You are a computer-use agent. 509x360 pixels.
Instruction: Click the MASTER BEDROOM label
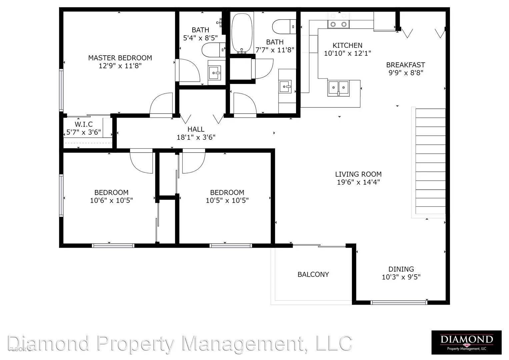[120, 58]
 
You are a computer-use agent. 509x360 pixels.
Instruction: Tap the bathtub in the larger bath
[242, 33]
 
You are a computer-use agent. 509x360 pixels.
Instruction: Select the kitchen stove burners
[338, 24]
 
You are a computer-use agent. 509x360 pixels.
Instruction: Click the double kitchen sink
[338, 88]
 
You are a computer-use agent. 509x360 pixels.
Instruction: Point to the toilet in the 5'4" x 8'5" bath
[213, 50]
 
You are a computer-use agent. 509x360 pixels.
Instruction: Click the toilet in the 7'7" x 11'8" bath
[284, 27]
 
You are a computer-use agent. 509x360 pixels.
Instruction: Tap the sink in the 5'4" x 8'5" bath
[215, 73]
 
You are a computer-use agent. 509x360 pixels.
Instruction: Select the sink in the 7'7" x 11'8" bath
[285, 87]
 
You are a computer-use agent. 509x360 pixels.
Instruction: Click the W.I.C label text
[84, 124]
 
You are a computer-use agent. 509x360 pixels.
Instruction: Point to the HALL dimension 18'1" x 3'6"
[196, 137]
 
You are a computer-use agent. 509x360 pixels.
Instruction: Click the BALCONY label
[313, 275]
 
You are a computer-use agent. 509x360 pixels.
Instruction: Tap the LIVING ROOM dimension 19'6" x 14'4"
[358, 182]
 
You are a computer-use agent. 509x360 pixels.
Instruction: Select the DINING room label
[401, 269]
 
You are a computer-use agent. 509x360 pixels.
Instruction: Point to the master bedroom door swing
[161, 105]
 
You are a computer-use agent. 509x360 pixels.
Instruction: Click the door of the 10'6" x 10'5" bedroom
[141, 161]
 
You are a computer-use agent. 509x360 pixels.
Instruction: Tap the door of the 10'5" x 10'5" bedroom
[194, 161]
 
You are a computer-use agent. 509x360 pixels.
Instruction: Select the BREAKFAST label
[406, 65]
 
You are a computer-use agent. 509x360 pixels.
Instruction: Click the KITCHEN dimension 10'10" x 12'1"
[347, 53]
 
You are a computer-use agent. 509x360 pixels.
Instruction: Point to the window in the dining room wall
[399, 303]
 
